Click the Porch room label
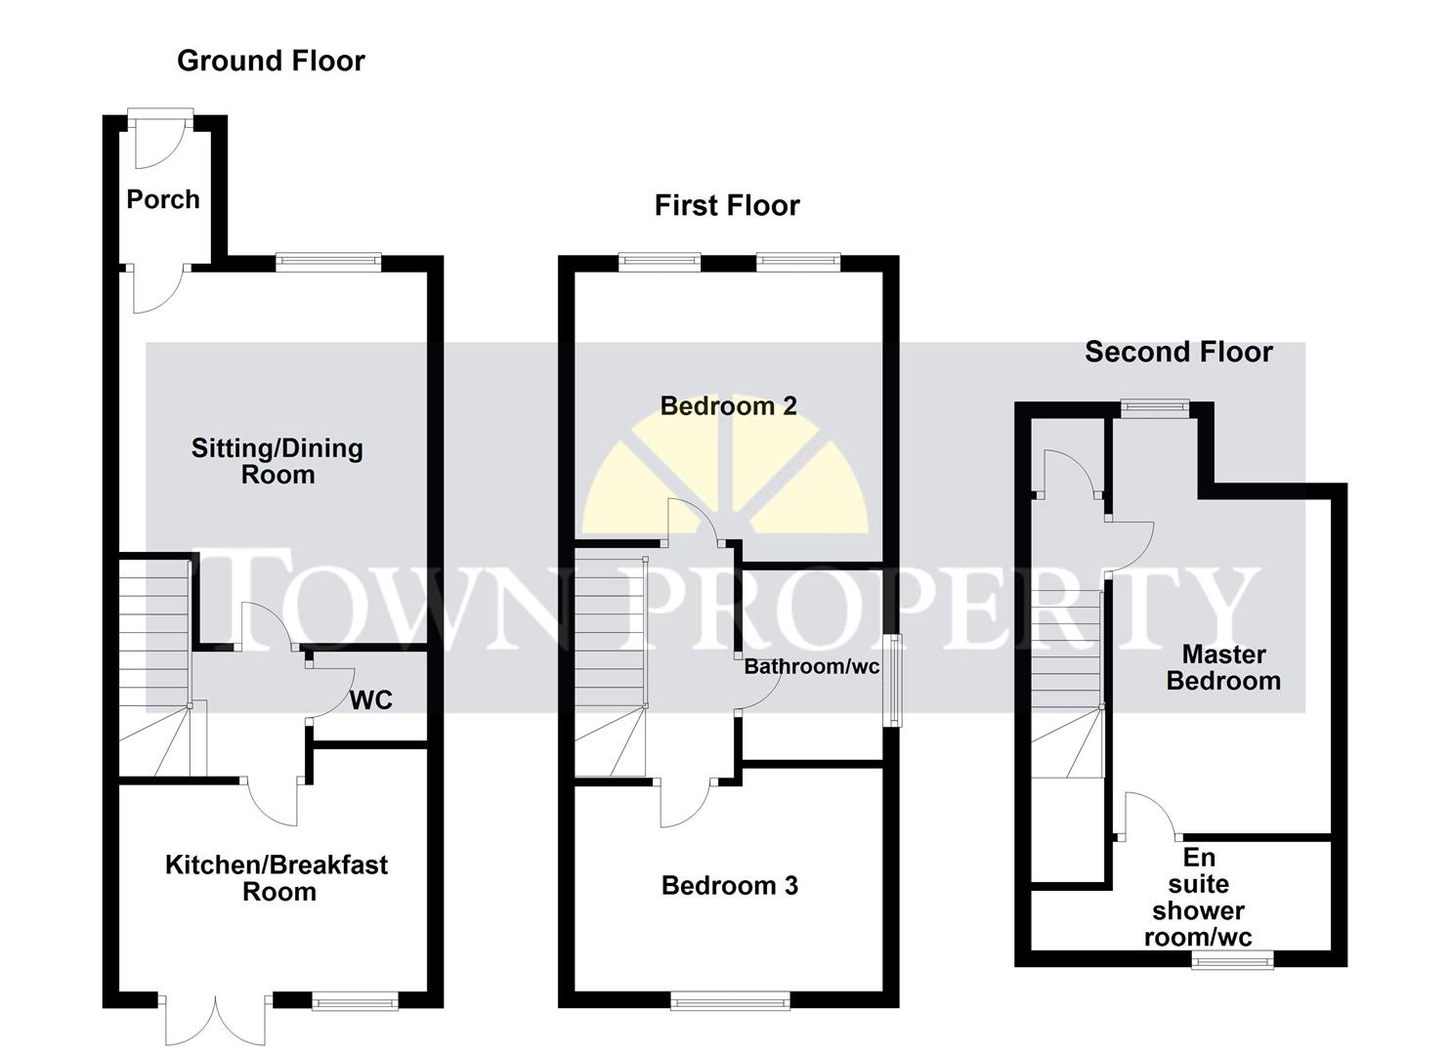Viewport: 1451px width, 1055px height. tap(163, 199)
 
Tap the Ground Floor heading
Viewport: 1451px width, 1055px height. tap(271, 61)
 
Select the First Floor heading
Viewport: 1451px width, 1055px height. tap(726, 205)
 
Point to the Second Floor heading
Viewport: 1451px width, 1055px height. tap(1178, 352)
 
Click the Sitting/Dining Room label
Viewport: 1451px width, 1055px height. tap(277, 461)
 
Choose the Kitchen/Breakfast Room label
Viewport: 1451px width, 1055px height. tap(277, 877)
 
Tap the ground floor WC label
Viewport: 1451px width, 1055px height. tap(371, 699)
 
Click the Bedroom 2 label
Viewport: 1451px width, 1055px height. tap(728, 405)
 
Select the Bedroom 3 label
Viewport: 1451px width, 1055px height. tap(729, 885)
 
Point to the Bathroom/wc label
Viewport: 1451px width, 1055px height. tap(811, 666)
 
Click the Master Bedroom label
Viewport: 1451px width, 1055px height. tap(1223, 667)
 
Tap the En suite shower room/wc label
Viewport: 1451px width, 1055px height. tap(1198, 897)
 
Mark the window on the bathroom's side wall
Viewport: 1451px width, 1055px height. tap(891, 680)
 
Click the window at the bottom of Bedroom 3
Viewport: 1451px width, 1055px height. tap(730, 999)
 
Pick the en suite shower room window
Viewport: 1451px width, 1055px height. tap(1232, 960)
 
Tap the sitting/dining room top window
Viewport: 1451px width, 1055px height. tap(327, 261)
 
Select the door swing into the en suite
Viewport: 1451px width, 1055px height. tap(1149, 816)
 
